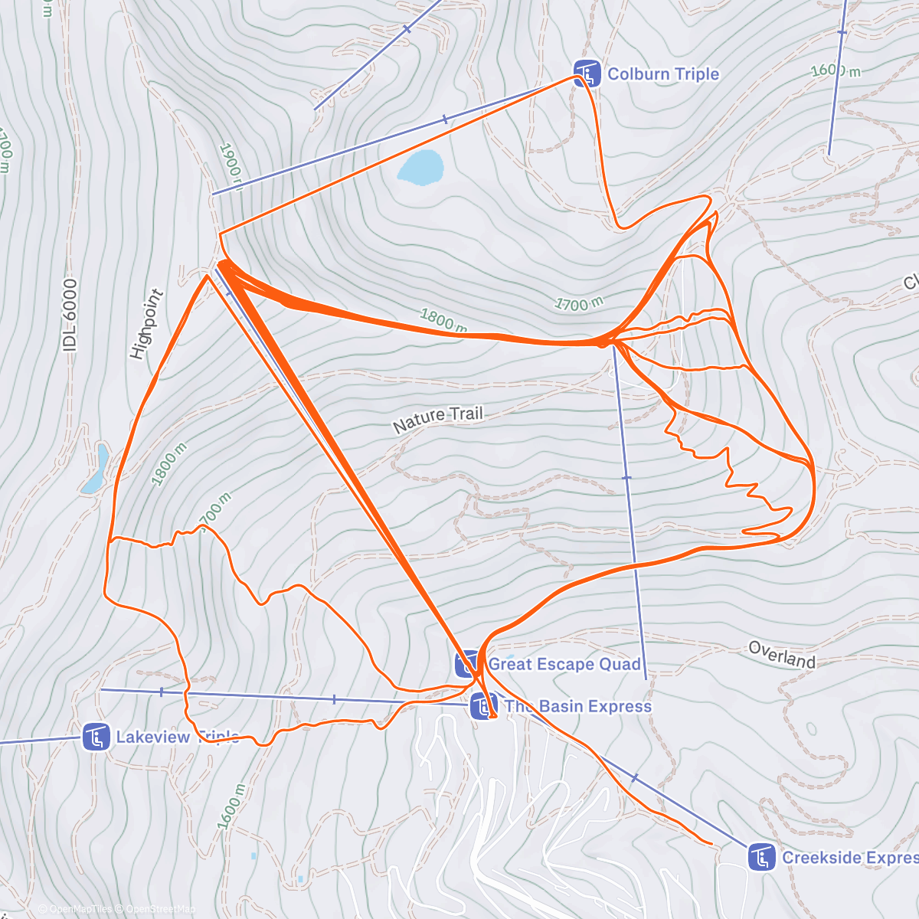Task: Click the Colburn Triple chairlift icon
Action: click(587, 74)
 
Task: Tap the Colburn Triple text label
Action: click(663, 74)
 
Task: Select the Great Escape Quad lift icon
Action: click(467, 664)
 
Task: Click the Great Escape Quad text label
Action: click(564, 664)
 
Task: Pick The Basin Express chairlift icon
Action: click(482, 705)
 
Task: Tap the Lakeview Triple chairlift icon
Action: click(96, 737)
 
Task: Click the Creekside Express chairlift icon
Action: click(760, 857)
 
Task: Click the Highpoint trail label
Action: click(147, 324)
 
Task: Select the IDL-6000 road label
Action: click(70, 315)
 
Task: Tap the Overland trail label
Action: click(782, 655)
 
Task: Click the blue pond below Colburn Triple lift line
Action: click(420, 167)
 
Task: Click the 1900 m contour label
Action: click(230, 164)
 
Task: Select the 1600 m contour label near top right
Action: click(836, 71)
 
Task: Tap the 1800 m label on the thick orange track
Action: click(443, 320)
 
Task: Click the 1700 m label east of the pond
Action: click(578, 304)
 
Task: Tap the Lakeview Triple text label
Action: click(177, 737)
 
